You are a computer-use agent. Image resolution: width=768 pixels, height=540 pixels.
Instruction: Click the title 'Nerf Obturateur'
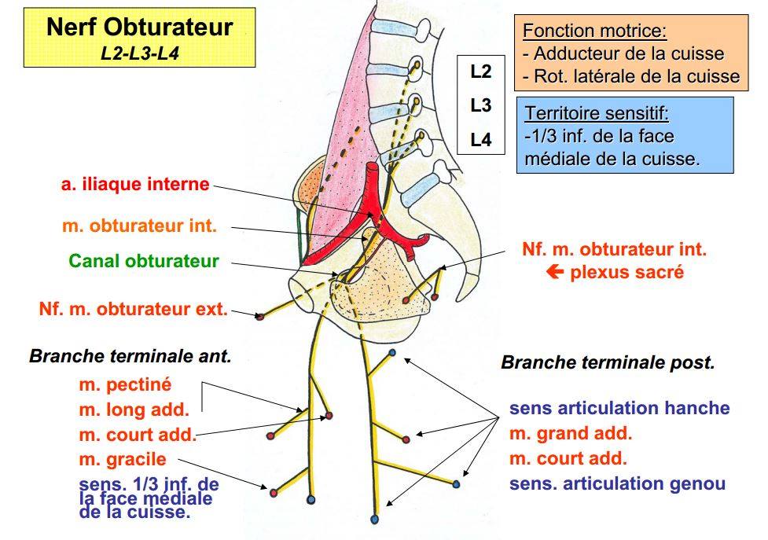coord(140,28)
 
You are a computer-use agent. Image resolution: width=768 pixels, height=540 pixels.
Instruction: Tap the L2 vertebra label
coord(481,72)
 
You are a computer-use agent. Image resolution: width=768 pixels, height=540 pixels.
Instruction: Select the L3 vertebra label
coord(481,105)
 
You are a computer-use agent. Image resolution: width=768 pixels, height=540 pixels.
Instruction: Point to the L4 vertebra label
coord(481,140)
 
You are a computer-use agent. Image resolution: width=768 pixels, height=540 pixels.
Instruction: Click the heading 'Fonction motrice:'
coord(595,32)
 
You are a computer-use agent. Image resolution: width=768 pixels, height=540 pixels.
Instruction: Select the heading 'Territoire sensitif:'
coord(597,114)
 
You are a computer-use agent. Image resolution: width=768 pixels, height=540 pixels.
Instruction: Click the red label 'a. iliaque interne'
coord(135,185)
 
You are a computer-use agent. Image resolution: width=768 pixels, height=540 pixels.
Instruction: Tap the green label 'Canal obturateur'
coord(144,261)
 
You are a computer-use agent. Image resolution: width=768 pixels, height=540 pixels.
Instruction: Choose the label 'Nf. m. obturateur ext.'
coord(133,309)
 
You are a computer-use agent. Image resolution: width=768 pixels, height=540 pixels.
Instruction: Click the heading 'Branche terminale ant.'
coord(130,356)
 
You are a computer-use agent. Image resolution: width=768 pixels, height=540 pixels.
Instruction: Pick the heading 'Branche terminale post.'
coord(608,363)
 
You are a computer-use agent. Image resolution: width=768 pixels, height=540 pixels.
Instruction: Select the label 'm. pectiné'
coord(125,385)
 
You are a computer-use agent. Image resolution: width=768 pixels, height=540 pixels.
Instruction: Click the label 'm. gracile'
coord(123,459)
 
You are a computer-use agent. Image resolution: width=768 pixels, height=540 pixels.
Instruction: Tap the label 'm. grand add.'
coord(571,433)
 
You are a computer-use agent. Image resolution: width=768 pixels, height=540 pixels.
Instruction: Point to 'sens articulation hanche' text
coord(619,409)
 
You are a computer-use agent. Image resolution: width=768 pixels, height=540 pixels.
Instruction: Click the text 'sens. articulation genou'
coord(617,484)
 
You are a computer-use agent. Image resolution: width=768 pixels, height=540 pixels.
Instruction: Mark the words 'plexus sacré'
coord(627,273)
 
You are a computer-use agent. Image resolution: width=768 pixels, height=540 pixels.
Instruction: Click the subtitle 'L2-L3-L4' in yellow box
coord(140,53)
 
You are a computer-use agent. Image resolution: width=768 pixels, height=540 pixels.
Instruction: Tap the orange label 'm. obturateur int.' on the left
coord(139,226)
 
